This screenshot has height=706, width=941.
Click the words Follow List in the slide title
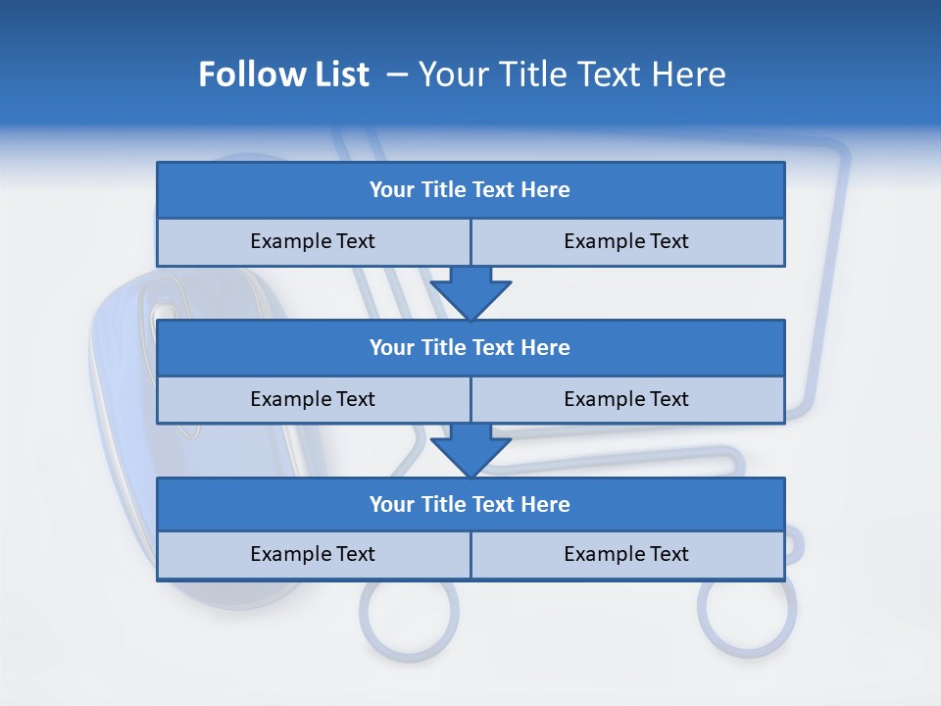point(283,75)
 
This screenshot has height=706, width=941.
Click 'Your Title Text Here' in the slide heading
point(571,75)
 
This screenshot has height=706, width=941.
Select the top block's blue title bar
point(470,190)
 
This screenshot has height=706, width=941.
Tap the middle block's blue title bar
point(470,347)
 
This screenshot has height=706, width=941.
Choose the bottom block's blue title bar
point(470,504)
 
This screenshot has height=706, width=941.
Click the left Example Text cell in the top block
point(313,241)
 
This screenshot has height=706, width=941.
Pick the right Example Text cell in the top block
point(626,241)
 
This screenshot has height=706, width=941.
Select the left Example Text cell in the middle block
point(313,399)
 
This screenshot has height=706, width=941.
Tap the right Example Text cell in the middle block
point(626,399)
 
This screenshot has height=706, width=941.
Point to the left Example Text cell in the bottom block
point(313,554)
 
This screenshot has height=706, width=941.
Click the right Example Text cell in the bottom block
point(626,554)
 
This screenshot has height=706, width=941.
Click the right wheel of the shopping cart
point(747,608)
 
